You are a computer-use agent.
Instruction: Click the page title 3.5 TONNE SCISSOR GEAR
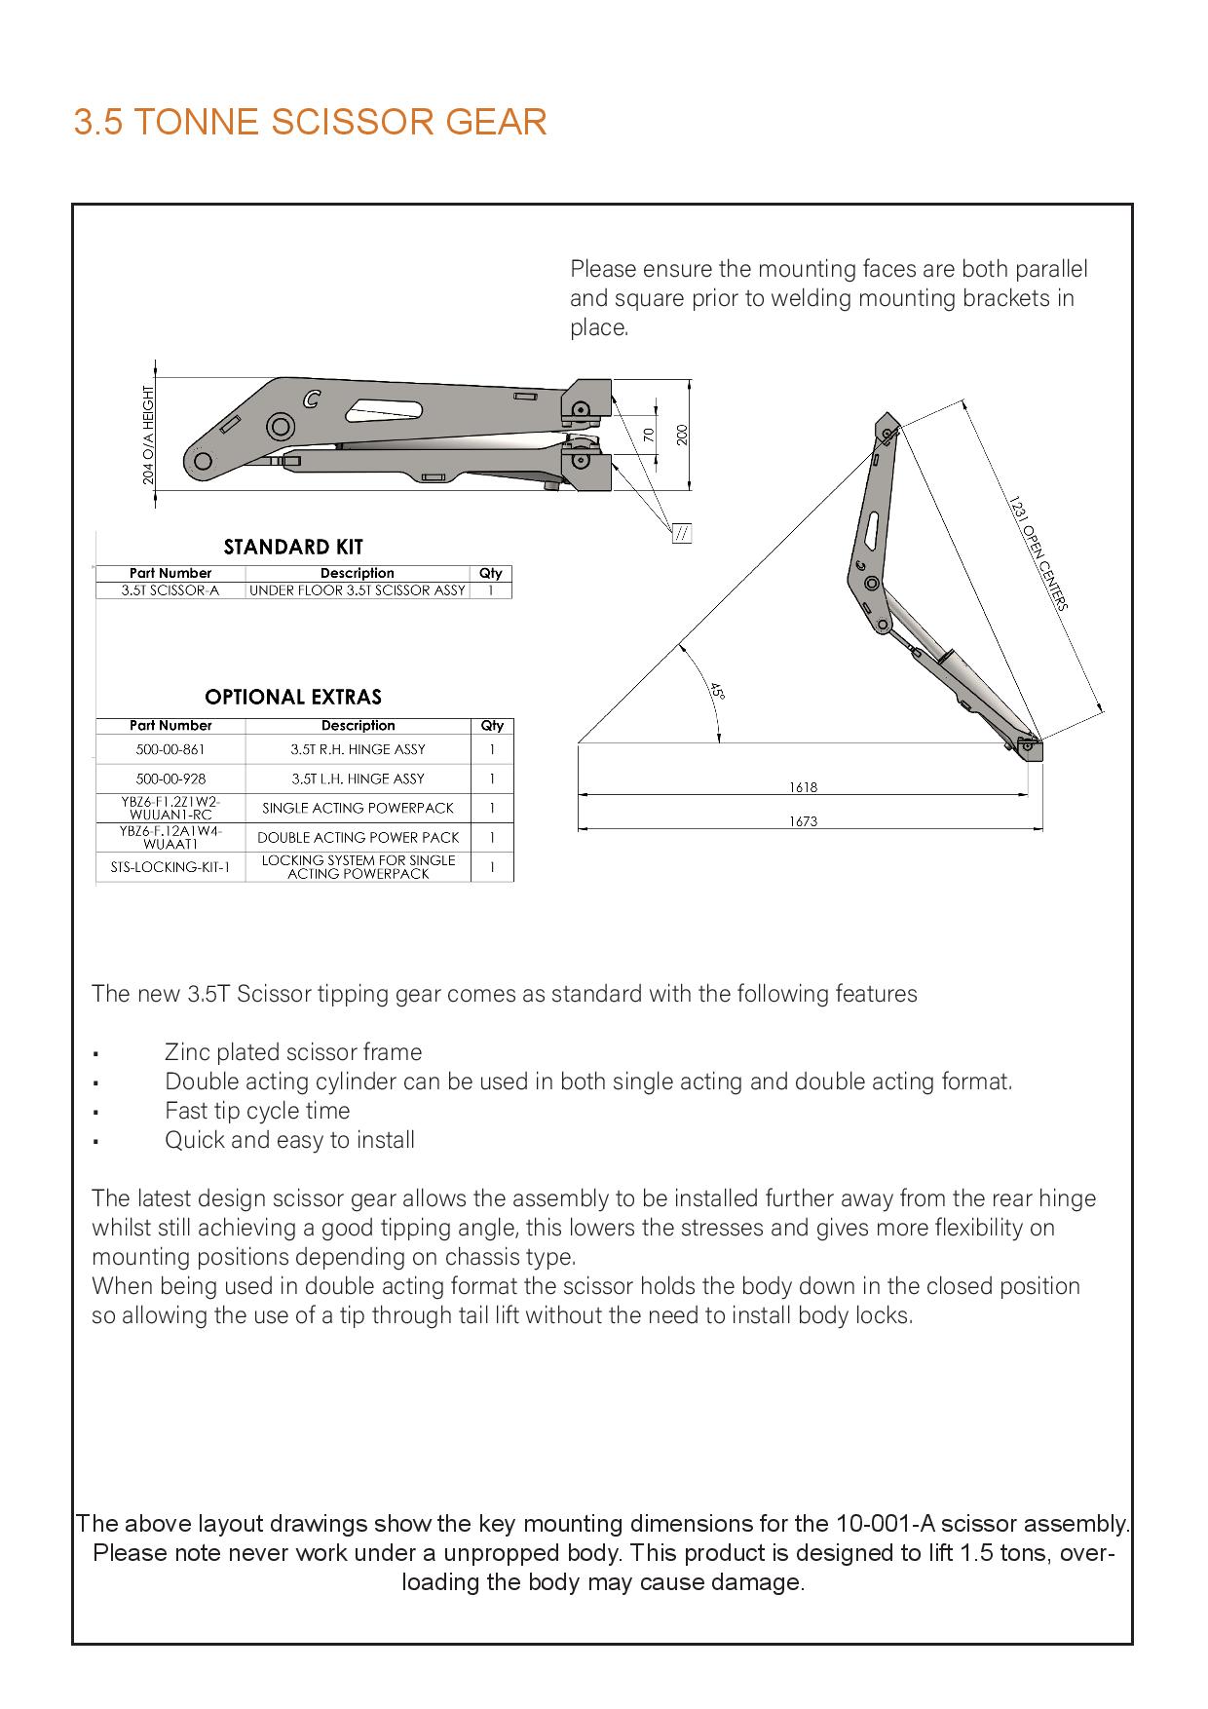point(310,123)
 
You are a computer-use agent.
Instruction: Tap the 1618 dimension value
point(803,786)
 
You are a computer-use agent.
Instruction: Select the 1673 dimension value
point(803,821)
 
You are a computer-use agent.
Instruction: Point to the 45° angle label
point(717,692)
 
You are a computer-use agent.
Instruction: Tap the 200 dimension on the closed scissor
point(682,435)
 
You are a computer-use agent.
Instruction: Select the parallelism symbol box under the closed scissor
point(682,533)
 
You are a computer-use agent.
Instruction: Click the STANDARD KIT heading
point(293,547)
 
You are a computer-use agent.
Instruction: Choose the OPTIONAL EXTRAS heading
point(293,697)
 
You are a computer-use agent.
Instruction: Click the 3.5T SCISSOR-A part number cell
point(170,590)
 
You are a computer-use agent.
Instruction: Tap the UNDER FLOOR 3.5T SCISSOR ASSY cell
point(358,590)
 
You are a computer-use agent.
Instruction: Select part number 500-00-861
point(170,749)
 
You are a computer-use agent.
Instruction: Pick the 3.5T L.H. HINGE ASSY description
point(358,779)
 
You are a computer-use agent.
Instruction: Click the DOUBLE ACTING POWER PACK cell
point(358,837)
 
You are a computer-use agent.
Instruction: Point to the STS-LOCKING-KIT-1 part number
point(170,866)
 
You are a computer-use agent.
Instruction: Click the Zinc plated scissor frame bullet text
point(293,1052)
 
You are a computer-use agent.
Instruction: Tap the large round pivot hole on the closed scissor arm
point(281,427)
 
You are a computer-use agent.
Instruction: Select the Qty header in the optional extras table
point(492,726)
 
